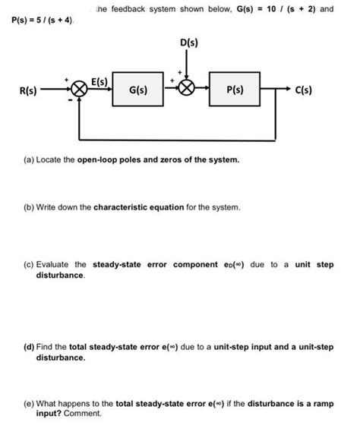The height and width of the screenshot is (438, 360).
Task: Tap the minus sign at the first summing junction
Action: tap(73, 99)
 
